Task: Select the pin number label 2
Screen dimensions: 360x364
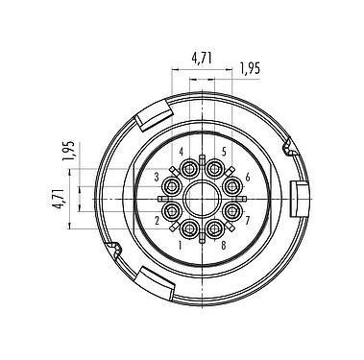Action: tap(156, 221)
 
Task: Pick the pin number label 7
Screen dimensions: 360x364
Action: tap(247, 221)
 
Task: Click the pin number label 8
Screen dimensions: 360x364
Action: tap(223, 244)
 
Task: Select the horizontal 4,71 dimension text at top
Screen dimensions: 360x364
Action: tap(202, 58)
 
